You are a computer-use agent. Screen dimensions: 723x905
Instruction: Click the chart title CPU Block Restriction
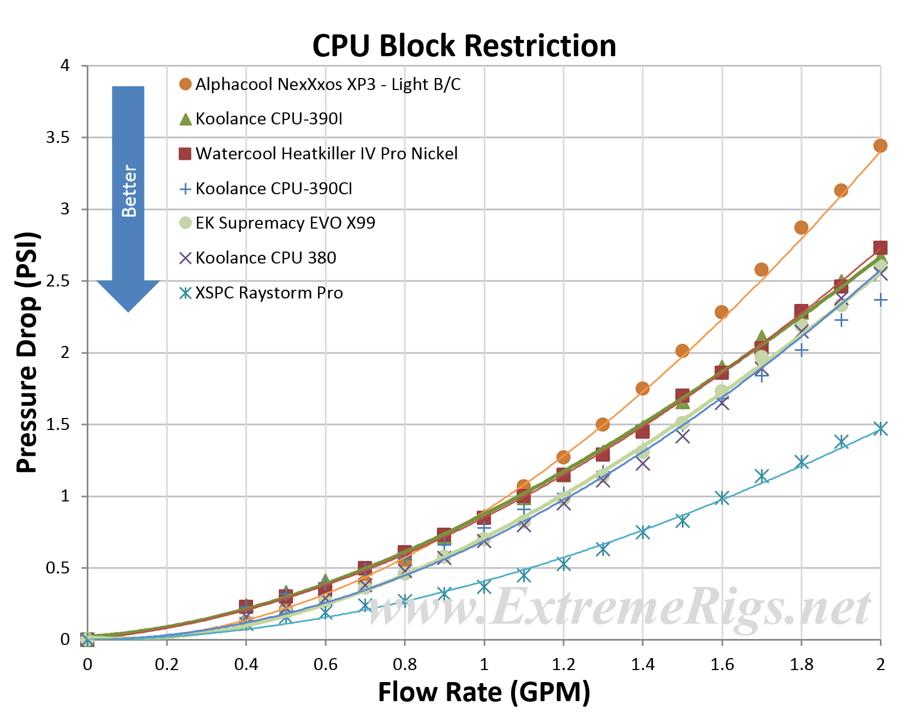click(x=464, y=45)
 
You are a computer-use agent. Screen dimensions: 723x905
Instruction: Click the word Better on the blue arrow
click(x=129, y=190)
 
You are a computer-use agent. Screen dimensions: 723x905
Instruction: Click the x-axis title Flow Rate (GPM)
click(x=484, y=692)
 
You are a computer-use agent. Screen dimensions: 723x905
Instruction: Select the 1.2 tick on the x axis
click(x=564, y=664)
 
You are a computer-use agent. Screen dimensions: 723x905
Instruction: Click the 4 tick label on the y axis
click(x=65, y=65)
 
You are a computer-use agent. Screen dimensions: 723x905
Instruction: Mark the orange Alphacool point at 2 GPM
click(x=880, y=145)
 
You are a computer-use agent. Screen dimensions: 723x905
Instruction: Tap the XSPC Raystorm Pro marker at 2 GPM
click(x=880, y=428)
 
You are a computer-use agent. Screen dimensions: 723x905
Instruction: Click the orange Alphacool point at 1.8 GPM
click(x=801, y=228)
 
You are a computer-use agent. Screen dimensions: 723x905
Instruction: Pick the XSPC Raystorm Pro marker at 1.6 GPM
click(x=722, y=498)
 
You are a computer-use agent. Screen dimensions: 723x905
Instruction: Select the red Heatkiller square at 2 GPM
click(x=880, y=248)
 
